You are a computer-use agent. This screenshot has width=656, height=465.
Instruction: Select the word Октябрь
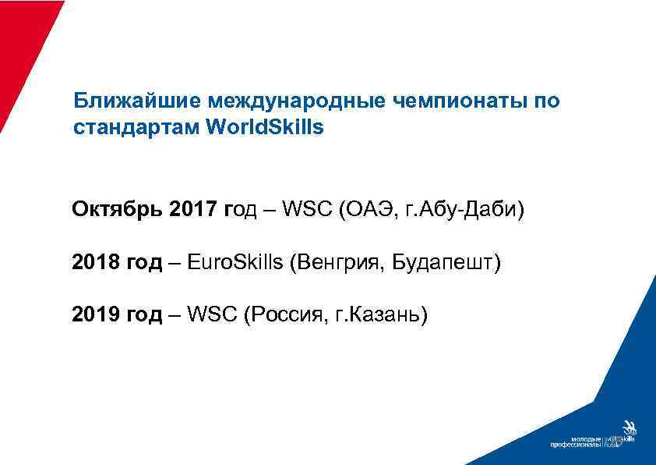click(x=116, y=210)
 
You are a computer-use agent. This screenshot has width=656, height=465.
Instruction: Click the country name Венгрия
click(x=330, y=262)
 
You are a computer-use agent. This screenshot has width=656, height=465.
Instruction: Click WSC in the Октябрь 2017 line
click(x=307, y=210)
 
